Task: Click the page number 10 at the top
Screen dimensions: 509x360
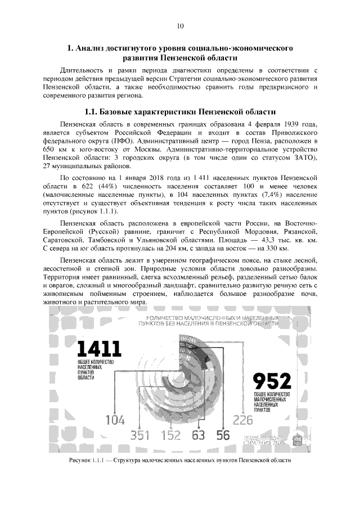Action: (180, 26)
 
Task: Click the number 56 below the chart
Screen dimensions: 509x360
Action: (223, 435)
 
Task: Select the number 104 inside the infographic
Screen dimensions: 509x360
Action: (115, 419)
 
